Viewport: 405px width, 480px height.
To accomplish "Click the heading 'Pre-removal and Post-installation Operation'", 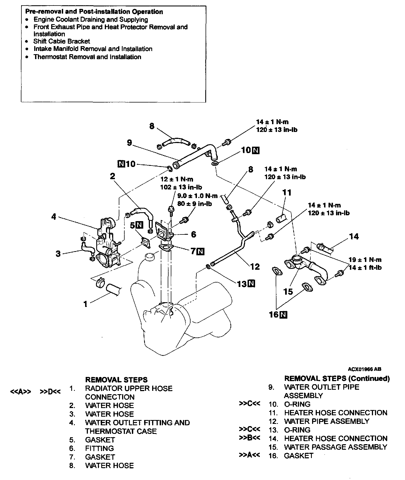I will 94,12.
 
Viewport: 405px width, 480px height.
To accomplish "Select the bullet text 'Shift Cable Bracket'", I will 61,41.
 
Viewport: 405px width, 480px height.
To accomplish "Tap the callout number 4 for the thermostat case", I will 54,216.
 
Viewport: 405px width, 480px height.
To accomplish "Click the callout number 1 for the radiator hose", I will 85,304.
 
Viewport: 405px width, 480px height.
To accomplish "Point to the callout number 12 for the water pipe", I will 255,267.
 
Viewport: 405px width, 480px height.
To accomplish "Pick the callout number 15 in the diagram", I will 288,291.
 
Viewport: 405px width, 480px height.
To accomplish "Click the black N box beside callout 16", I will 283,314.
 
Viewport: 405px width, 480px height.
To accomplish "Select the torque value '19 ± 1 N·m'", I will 365,260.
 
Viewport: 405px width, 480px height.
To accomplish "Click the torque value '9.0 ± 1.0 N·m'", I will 197,196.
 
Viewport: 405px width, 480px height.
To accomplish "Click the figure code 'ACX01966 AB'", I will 364,369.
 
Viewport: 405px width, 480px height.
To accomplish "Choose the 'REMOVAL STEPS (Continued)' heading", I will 337,378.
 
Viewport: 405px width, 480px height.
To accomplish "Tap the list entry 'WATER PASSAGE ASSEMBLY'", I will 335,447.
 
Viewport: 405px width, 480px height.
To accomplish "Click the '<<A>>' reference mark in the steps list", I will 21,392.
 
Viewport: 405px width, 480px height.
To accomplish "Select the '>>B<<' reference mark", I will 250,438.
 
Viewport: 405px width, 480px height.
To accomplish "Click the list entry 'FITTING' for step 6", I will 99,448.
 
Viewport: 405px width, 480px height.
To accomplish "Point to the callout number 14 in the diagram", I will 354,237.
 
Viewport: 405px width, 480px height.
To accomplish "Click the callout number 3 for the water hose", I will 58,254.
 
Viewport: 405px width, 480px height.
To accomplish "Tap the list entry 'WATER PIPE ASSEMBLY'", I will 327,421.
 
